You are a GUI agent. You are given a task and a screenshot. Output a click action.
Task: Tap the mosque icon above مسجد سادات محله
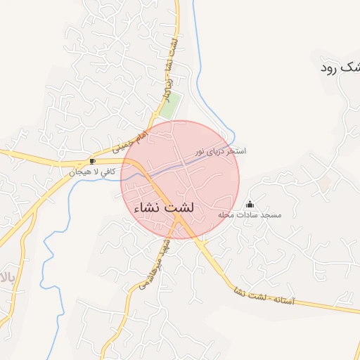[x=250, y=205]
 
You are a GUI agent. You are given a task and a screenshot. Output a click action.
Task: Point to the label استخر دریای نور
[x=221, y=151]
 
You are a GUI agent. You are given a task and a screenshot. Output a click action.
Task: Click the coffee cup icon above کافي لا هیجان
[x=93, y=161]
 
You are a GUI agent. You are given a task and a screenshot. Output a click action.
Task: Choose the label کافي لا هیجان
[x=93, y=172]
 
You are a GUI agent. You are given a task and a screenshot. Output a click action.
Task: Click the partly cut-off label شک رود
[x=340, y=67]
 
